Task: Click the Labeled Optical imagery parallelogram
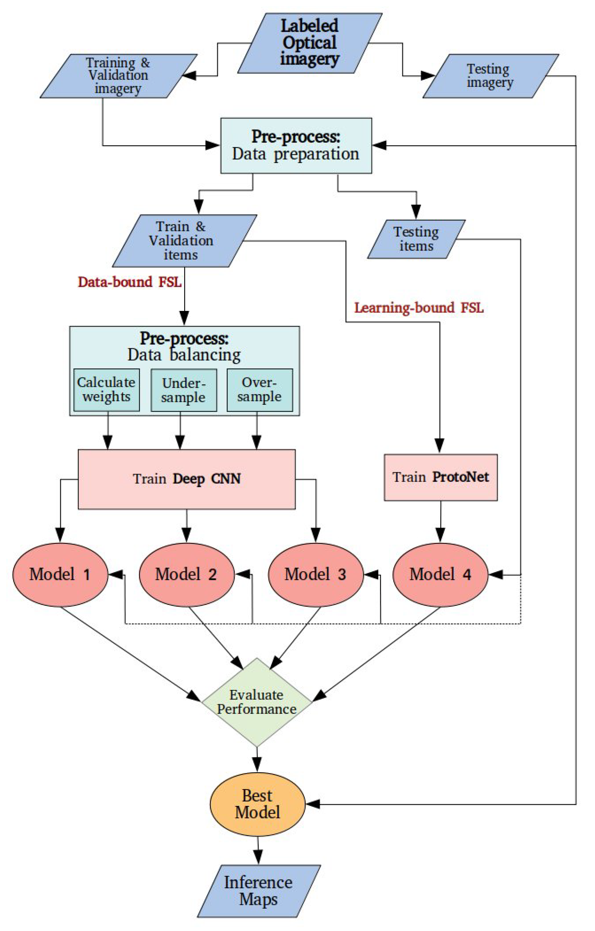309,43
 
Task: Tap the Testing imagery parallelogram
490,76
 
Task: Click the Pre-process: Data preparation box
296,146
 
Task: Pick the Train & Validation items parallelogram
184,241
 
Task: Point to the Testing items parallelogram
416,239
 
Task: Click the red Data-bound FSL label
129,282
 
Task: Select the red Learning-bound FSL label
419,308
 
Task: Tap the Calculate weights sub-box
106,390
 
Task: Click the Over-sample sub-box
260,390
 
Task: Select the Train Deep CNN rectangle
187,479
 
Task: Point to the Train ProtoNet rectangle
440,477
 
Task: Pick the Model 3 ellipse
316,575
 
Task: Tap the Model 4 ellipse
440,575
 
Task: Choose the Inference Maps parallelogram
258,891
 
